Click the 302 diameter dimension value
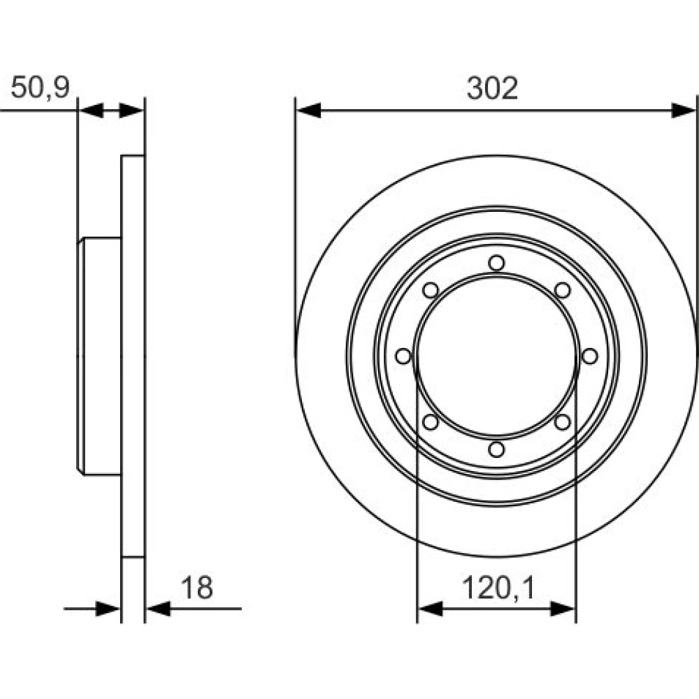[x=492, y=88]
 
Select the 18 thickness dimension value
[x=197, y=588]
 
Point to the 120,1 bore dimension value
[x=498, y=588]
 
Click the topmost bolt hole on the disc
[x=496, y=263]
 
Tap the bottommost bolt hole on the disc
[x=496, y=449]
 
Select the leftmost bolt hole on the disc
[x=403, y=356]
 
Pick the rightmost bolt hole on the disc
[x=589, y=356]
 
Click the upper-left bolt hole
[x=430, y=290]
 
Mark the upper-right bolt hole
[x=563, y=290]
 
